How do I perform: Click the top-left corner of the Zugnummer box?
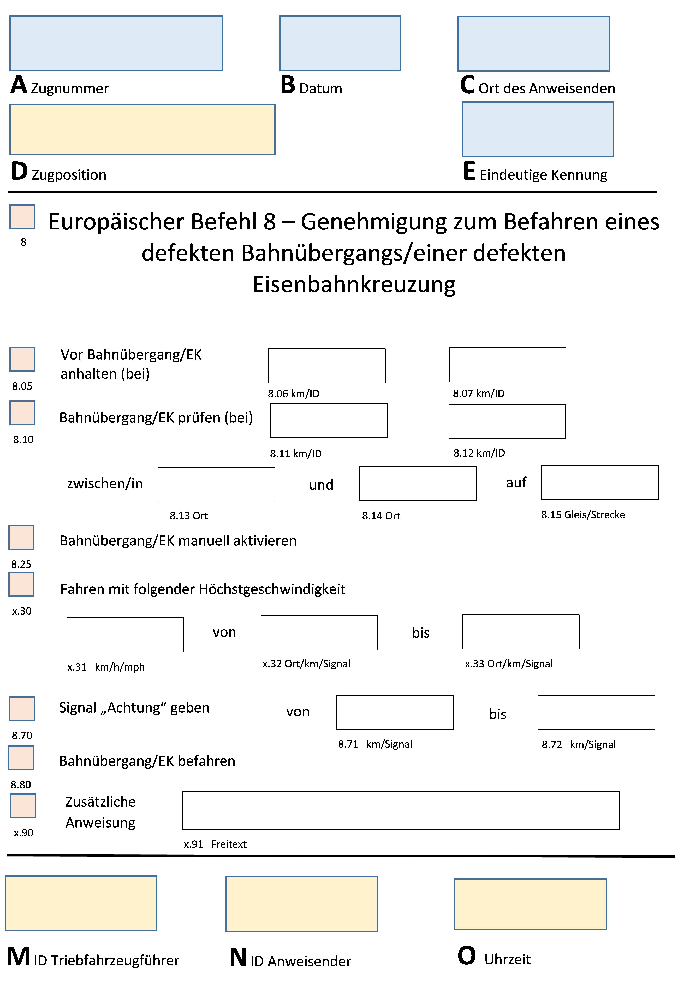click(10, 16)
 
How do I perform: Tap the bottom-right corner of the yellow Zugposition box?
click(275, 154)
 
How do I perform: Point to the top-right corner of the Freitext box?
click(619, 792)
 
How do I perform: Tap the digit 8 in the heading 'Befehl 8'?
click(269, 222)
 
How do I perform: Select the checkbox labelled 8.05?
click(22, 359)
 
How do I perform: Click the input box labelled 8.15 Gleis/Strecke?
click(600, 483)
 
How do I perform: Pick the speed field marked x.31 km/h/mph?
click(125, 635)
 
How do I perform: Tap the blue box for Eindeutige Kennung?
click(538, 129)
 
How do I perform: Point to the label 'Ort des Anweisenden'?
click(547, 88)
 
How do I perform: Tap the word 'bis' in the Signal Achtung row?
click(497, 714)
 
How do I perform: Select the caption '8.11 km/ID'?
click(296, 454)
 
